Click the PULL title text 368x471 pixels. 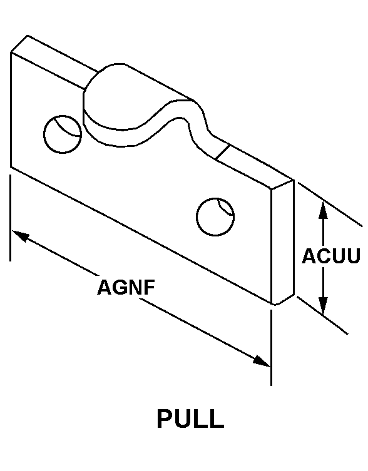click(x=191, y=418)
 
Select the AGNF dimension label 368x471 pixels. click(x=126, y=287)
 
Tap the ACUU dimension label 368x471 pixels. click(x=331, y=256)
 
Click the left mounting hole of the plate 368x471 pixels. click(x=63, y=134)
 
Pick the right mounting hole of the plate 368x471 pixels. click(x=215, y=216)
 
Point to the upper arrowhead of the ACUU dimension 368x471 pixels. click(x=323, y=210)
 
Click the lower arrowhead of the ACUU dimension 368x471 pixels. click(x=323, y=306)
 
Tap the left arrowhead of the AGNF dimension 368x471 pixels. click(x=20, y=236)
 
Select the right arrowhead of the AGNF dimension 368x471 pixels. click(x=261, y=361)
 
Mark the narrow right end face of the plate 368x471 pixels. click(x=282, y=242)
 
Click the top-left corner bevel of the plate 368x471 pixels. click(x=19, y=44)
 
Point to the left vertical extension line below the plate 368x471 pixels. click(x=11, y=218)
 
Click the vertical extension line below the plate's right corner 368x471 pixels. click(x=271, y=348)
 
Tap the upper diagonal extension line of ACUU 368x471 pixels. click(x=330, y=204)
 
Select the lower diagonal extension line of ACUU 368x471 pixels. click(x=322, y=315)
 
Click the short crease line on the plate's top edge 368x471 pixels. click(x=223, y=152)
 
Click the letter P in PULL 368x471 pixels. click(x=165, y=418)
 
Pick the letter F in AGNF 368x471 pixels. click(x=150, y=287)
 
